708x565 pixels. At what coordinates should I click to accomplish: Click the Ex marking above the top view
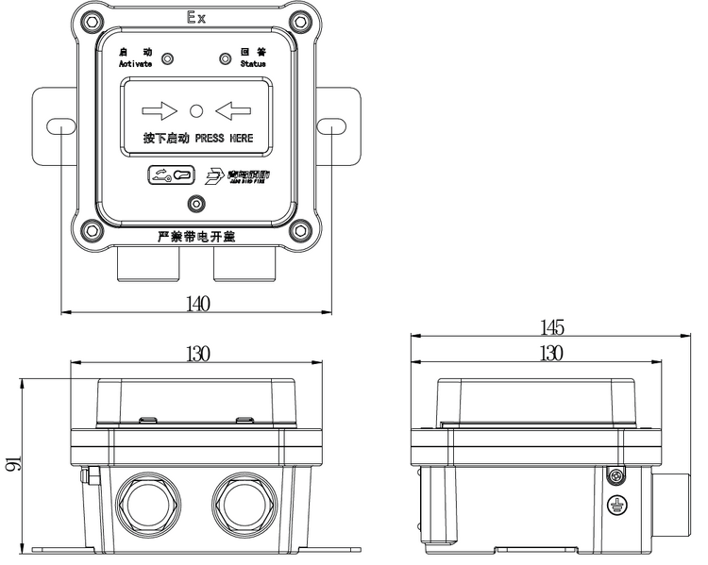(196, 18)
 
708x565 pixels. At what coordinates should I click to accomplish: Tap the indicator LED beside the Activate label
(167, 59)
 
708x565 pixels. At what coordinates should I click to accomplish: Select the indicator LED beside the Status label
(225, 59)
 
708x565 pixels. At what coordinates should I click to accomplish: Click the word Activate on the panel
(135, 64)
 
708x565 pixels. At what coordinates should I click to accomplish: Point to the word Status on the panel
(252, 64)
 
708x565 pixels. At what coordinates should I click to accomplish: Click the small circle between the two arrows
(196, 110)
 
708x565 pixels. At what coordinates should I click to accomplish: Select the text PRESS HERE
(224, 138)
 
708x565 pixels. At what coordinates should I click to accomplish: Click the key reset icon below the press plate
(170, 174)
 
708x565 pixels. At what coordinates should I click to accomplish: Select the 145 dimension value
(551, 327)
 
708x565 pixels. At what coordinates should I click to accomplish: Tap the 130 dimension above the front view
(197, 354)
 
